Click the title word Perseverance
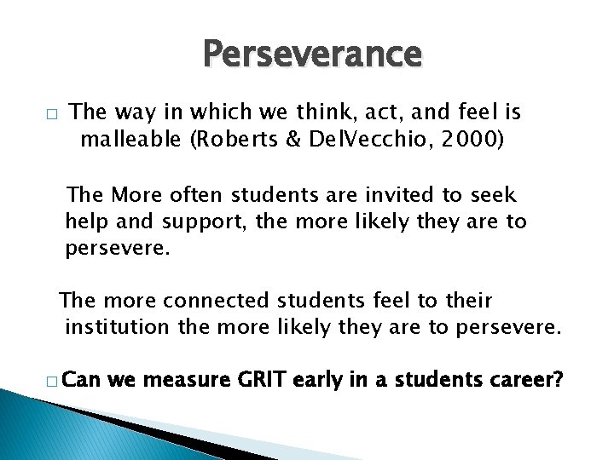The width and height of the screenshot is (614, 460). coord(312,55)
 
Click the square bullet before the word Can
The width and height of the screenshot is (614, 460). coord(52,380)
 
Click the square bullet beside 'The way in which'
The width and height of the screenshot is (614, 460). coord(52,114)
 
